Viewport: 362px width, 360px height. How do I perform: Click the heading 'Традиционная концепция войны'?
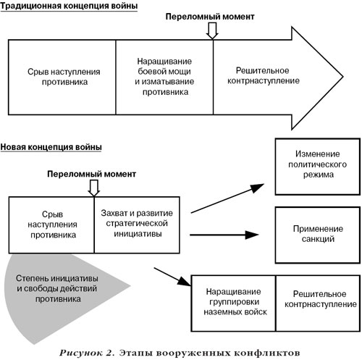point(69,6)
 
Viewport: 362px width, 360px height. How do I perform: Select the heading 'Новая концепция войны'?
point(51,147)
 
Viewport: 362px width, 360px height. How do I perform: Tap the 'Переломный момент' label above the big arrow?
point(210,17)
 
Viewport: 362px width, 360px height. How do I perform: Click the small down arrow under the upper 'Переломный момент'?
point(212,30)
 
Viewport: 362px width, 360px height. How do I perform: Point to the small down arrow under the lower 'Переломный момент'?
point(93,188)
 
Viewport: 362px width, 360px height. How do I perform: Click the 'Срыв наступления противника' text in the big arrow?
point(64,77)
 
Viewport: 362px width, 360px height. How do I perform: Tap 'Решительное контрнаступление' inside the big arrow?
point(264,75)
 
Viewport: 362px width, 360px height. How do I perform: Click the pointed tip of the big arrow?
point(342,77)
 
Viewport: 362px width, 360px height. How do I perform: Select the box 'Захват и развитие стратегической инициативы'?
point(137,225)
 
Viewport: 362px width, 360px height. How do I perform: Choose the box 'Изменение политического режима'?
point(318,167)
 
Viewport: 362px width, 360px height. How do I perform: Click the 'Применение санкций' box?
point(318,235)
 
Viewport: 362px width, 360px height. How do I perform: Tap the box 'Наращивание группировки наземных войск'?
point(233,304)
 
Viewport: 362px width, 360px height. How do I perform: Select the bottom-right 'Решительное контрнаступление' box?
point(318,304)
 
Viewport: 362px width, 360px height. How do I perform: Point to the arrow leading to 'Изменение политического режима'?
point(227,198)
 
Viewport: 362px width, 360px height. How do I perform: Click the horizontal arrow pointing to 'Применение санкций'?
point(224,235)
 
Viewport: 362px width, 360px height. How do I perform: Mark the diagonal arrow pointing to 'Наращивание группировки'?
point(172,277)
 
